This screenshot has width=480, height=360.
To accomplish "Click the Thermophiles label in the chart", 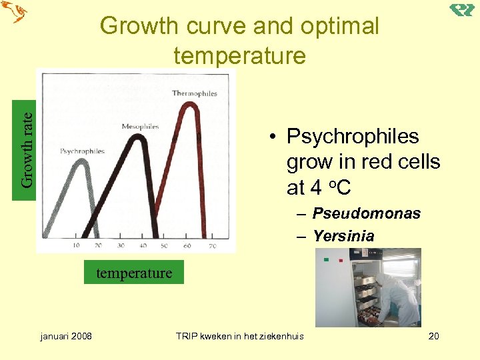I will [195, 93].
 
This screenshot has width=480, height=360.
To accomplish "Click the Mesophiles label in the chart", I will [140, 127].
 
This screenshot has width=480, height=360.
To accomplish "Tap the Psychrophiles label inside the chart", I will [82, 151].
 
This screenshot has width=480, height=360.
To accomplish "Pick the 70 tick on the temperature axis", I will [212, 246].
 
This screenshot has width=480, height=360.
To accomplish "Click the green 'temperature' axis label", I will [134, 273].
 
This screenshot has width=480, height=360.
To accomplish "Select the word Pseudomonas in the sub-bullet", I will [367, 213].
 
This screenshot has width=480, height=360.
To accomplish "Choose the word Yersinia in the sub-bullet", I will [343, 236].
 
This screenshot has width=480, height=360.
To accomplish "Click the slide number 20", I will [433, 335].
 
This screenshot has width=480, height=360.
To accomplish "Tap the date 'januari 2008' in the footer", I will [66, 335].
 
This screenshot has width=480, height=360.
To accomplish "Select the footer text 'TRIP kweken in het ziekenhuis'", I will [239, 335].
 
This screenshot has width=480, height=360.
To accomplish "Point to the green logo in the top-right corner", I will [461, 9].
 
